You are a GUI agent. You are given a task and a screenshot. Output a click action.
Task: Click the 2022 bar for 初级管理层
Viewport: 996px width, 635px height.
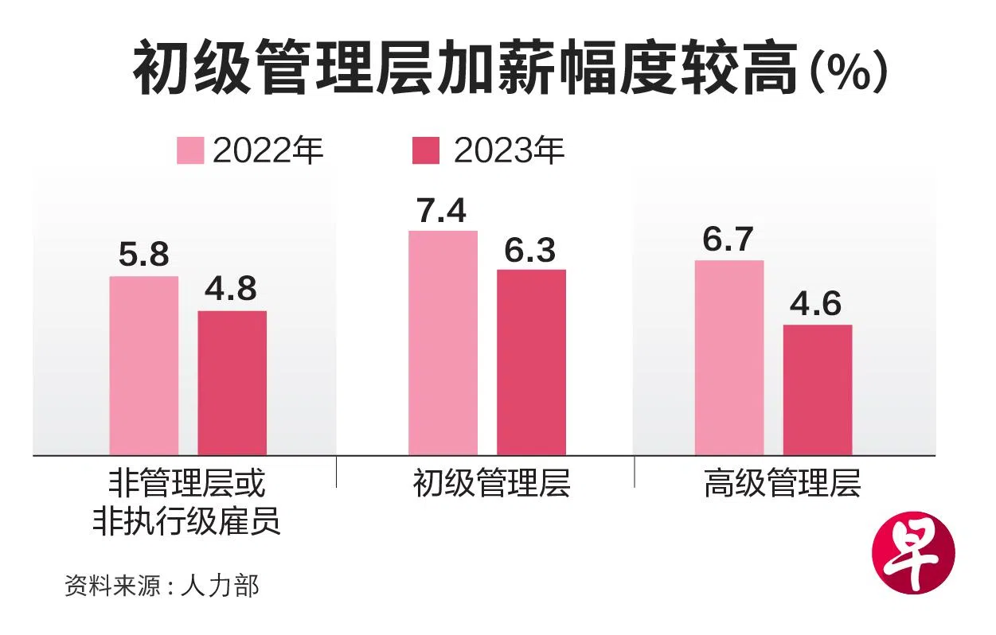[443, 343]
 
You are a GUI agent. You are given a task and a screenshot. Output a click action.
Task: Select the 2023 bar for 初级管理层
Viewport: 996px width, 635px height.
[531, 362]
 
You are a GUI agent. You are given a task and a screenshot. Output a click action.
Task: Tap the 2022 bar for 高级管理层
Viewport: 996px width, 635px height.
[728, 357]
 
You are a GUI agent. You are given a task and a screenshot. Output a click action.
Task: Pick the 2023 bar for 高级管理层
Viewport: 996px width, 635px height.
[818, 390]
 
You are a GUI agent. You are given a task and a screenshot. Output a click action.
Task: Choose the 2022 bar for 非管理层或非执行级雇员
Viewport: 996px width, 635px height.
[143, 365]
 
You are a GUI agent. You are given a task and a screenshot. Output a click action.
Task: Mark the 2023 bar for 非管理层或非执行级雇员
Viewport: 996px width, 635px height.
[232, 383]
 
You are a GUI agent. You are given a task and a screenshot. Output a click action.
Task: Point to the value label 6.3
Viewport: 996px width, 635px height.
[529, 251]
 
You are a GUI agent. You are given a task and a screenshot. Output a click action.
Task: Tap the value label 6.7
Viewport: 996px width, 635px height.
[728, 241]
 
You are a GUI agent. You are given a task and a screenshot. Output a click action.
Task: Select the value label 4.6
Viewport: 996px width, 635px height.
[816, 306]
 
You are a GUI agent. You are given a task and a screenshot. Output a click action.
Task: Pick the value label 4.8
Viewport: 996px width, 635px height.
[231, 290]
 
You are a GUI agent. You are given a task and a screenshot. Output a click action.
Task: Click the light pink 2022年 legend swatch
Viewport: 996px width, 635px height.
[190, 150]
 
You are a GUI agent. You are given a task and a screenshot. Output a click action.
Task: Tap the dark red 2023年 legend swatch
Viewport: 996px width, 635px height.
[425, 150]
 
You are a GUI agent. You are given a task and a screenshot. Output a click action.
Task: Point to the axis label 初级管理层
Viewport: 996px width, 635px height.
[491, 484]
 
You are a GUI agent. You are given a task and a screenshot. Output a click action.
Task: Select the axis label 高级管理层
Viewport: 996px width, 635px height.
[782, 484]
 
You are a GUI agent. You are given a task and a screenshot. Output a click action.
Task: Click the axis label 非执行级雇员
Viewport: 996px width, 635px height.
[186, 521]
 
